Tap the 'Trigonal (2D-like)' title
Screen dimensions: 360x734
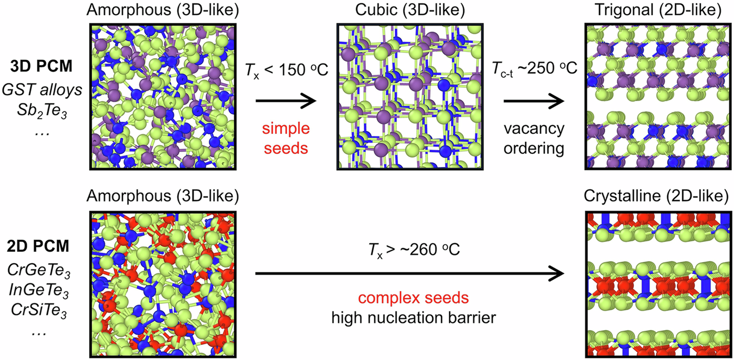[x=660, y=11]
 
